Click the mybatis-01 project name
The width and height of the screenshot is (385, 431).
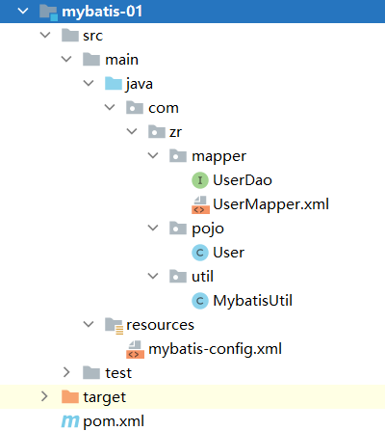(x=102, y=12)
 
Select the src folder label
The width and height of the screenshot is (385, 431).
(x=92, y=36)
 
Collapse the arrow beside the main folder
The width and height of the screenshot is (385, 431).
(x=66, y=59)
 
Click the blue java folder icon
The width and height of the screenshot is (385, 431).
(x=114, y=84)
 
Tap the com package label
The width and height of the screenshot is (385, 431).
(x=164, y=108)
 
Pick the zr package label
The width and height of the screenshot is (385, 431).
(x=175, y=132)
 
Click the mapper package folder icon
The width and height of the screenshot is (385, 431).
(x=178, y=156)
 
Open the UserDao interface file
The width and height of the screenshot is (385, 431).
(x=243, y=180)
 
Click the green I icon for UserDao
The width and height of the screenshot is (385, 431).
(x=200, y=180)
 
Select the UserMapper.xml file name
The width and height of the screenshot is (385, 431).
(x=270, y=204)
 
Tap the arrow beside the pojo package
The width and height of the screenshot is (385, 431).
(x=153, y=228)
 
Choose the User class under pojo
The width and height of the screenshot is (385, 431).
(x=228, y=253)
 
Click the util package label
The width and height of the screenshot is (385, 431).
(x=202, y=277)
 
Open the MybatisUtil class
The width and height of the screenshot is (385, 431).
(x=252, y=301)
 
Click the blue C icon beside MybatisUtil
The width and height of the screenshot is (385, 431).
(x=200, y=301)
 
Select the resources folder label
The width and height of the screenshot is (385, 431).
(x=160, y=325)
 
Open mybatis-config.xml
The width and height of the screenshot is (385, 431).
(x=215, y=349)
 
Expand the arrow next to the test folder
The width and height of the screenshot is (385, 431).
(x=66, y=372)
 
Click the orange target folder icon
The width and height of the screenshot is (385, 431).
(x=70, y=397)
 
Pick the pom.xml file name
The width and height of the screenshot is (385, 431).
(x=114, y=421)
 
